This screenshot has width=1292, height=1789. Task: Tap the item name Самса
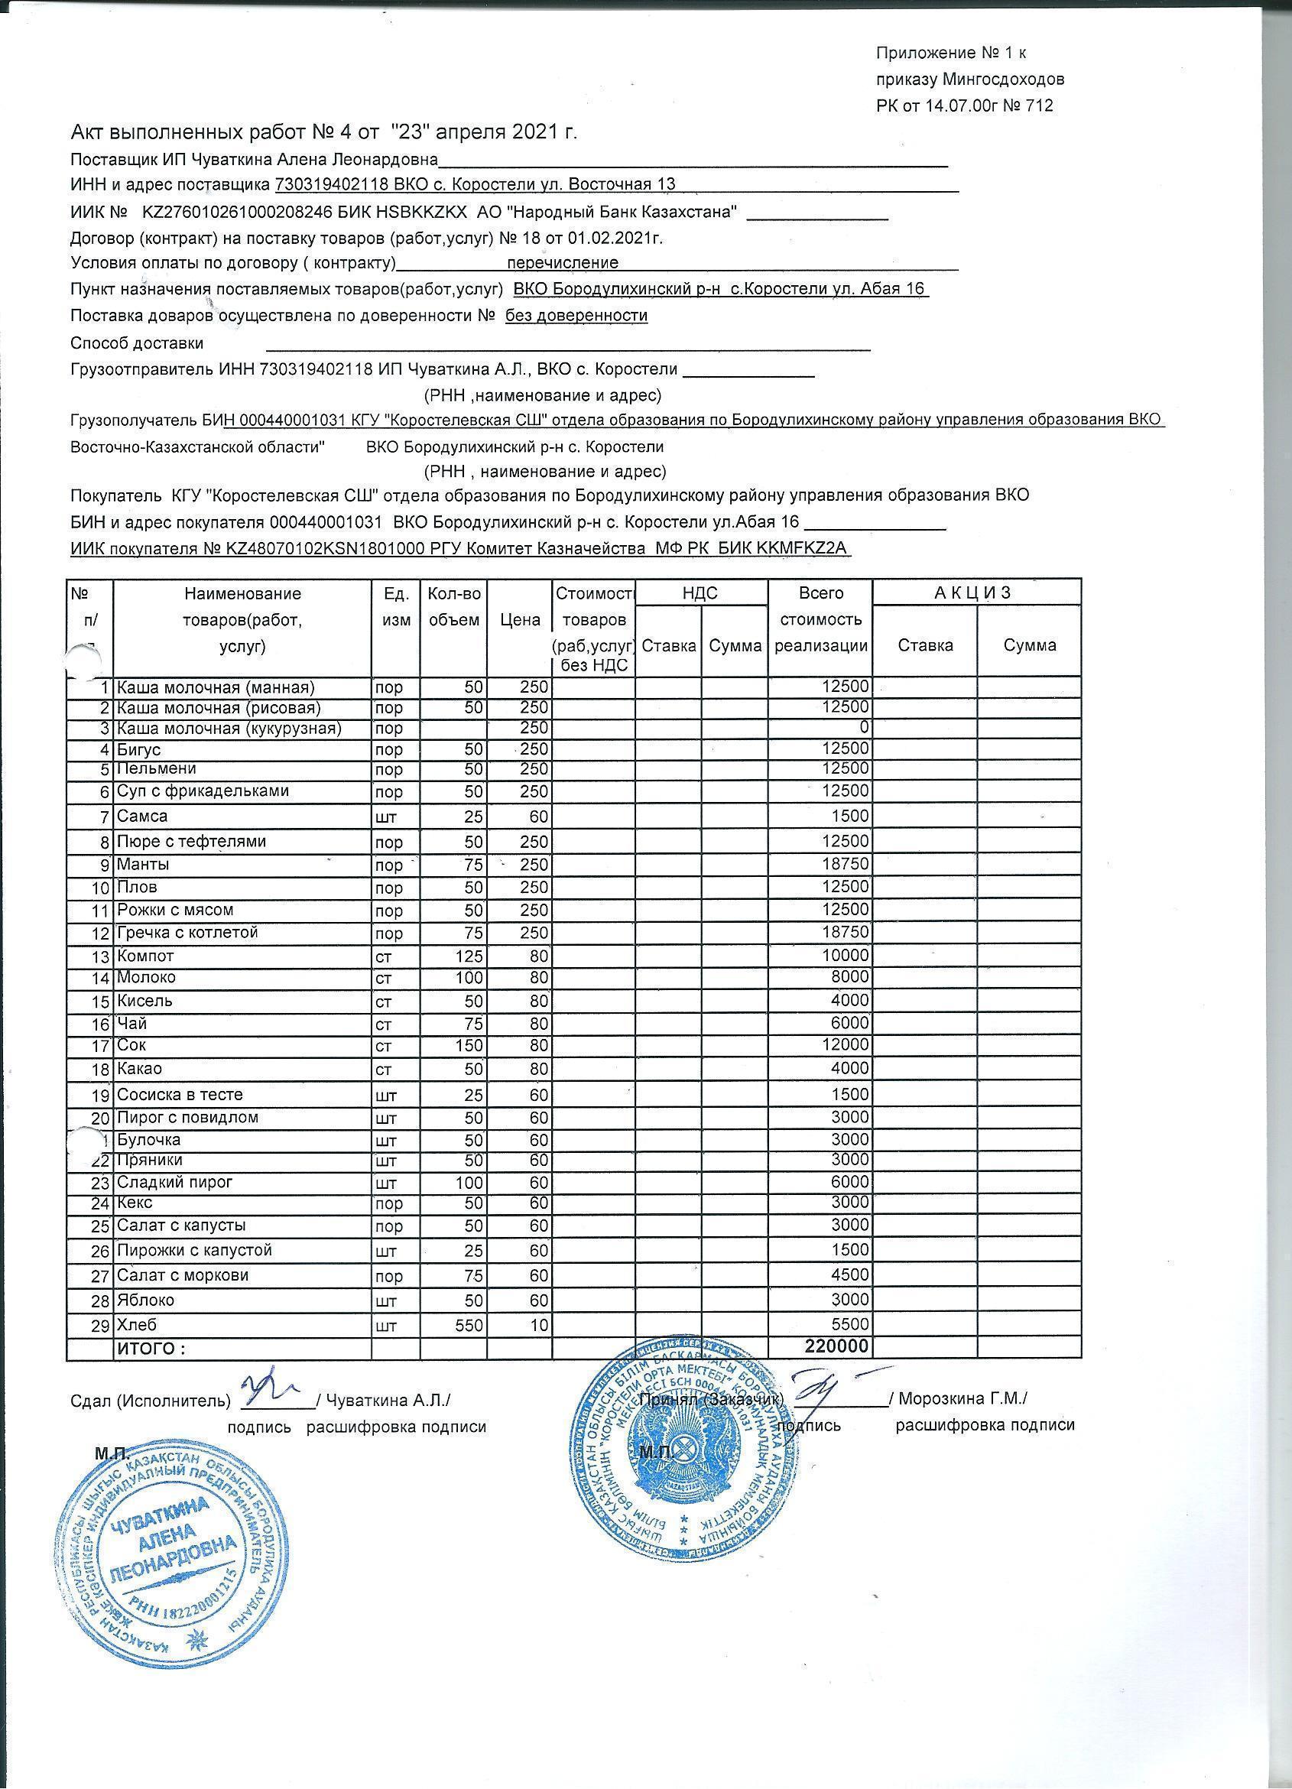click(x=143, y=816)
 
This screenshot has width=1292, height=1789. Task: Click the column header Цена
click(x=520, y=619)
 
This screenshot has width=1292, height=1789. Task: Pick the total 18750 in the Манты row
click(x=845, y=864)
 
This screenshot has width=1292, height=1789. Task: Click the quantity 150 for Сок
click(x=470, y=1046)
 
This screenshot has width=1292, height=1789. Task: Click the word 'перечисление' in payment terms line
click(x=563, y=263)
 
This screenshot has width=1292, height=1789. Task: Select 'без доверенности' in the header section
click(x=576, y=316)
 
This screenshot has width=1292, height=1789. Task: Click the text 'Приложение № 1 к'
click(x=950, y=53)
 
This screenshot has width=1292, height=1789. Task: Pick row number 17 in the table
click(x=99, y=1047)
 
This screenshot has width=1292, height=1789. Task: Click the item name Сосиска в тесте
click(x=180, y=1094)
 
